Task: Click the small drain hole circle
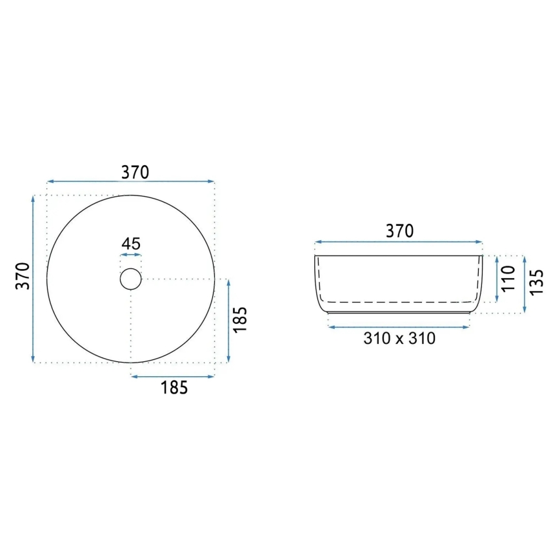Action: (x=131, y=268)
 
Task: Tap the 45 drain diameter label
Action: (x=131, y=244)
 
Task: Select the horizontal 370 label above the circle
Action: (x=135, y=172)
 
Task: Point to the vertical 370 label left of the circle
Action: (x=23, y=275)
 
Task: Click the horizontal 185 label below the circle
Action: (x=174, y=388)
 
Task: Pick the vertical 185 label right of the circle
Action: (x=240, y=319)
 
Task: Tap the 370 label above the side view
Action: (x=399, y=231)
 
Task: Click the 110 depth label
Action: (x=508, y=279)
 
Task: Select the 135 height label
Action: (x=536, y=282)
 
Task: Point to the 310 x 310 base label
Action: (x=399, y=338)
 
